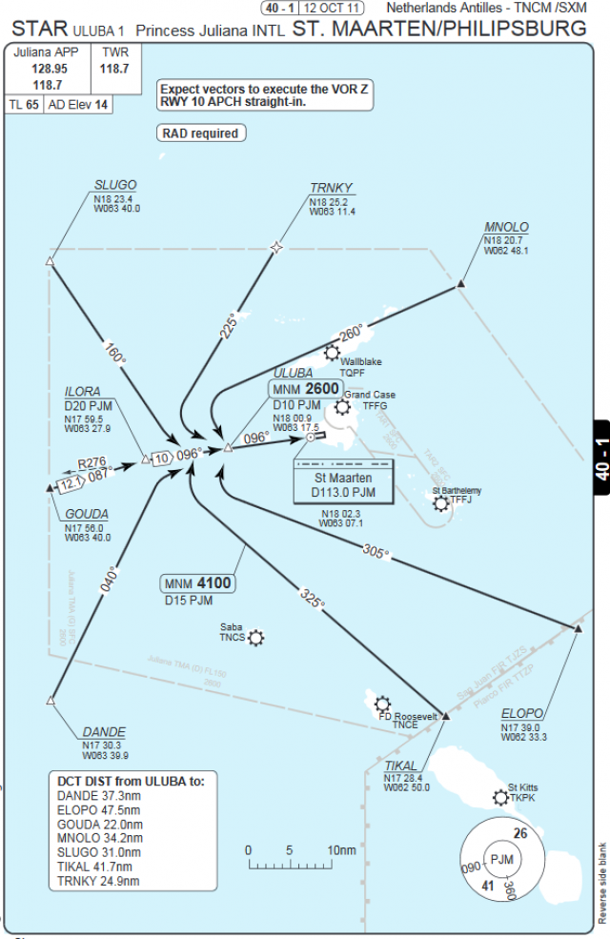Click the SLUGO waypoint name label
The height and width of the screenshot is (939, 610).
[115, 185]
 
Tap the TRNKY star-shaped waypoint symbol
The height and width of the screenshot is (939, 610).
[277, 248]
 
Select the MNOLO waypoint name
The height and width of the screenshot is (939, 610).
[506, 227]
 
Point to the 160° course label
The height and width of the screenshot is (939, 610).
[116, 353]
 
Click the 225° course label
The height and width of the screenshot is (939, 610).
[229, 326]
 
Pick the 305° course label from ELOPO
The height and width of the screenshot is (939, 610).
[376, 551]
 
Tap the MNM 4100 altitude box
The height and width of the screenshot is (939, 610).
[198, 583]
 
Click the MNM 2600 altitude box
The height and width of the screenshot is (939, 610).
[304, 389]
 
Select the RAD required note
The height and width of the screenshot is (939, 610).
[200, 133]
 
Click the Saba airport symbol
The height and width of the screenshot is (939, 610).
[255, 638]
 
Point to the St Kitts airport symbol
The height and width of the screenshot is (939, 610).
[501, 797]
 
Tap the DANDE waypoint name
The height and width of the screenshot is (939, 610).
[104, 732]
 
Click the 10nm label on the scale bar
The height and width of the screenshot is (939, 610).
[340, 849]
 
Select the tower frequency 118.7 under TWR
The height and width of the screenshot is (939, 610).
[114, 69]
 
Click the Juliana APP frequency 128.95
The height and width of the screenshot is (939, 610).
[49, 69]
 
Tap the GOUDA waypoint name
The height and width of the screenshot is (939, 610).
[87, 514]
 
